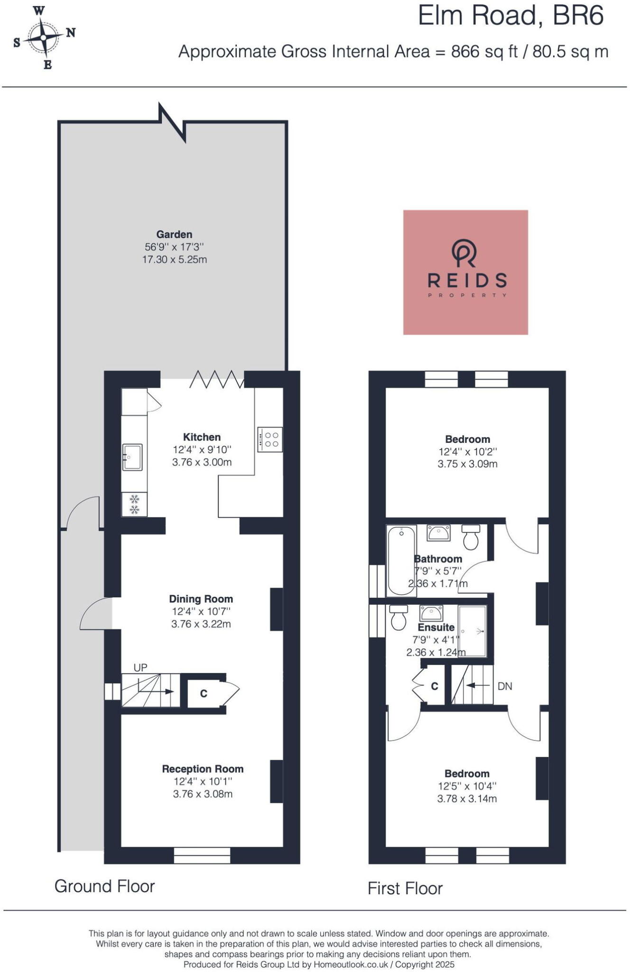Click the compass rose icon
(44, 37)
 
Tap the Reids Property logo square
(465, 272)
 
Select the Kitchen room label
(202, 437)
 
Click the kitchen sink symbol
(132, 457)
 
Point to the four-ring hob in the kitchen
(270, 439)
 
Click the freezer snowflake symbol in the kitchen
(135, 504)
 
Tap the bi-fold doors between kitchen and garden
(217, 379)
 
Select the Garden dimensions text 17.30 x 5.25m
(175, 260)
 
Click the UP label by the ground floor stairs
(140, 668)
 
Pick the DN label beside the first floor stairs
(505, 686)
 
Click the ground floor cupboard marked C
(204, 693)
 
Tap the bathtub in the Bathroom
(401, 560)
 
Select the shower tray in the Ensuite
(472, 631)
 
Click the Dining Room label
(201, 599)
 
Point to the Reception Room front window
(202, 855)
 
